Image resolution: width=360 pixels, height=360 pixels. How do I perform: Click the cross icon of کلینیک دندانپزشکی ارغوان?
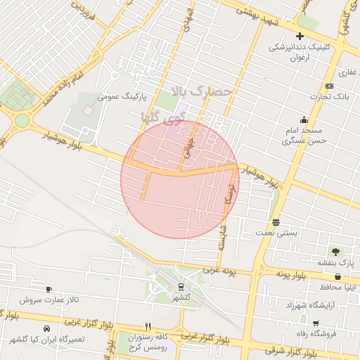click(x=300, y=36)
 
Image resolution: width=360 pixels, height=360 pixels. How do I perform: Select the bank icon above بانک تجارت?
click(x=330, y=85)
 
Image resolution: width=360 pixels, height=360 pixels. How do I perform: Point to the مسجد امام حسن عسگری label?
click(x=302, y=136)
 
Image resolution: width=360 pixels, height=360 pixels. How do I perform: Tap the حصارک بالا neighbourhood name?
click(x=205, y=91)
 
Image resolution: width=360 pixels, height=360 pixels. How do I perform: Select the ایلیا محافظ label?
click(x=342, y=287)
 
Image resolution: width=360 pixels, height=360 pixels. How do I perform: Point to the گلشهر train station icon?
click(x=181, y=287)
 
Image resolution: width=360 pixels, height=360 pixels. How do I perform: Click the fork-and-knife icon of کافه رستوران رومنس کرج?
click(x=147, y=326)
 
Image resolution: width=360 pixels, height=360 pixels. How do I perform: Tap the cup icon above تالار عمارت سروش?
click(x=49, y=289)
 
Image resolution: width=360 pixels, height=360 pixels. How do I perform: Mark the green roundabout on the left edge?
click(x=22, y=120)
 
